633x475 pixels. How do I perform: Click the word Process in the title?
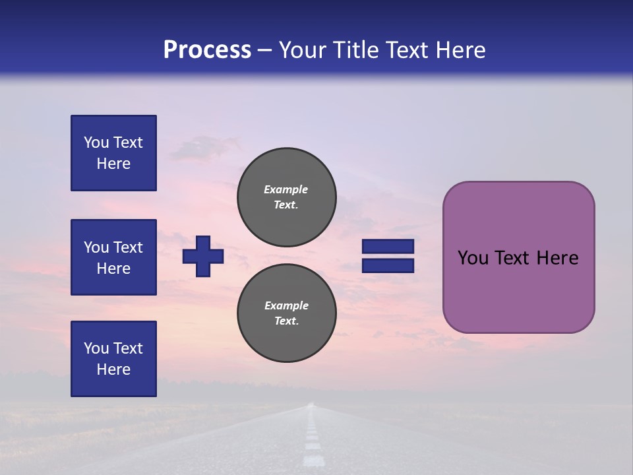coord(207,50)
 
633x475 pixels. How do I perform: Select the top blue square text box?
coord(113,153)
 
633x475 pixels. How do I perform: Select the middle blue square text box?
coord(113,257)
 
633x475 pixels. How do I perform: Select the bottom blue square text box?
coord(113,359)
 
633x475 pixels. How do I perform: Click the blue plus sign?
coord(203,256)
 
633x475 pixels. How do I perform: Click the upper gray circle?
coord(286,197)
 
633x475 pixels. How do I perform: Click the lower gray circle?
coord(286,313)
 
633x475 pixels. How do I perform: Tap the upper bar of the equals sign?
coord(388,246)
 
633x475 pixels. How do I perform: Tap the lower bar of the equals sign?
coord(388,265)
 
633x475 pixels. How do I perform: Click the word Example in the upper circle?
coord(286,189)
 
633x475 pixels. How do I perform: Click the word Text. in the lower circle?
coord(286,321)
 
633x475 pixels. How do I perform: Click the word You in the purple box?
coord(473,258)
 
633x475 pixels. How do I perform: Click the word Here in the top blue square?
coord(113,164)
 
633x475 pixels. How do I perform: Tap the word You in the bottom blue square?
coord(96,348)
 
